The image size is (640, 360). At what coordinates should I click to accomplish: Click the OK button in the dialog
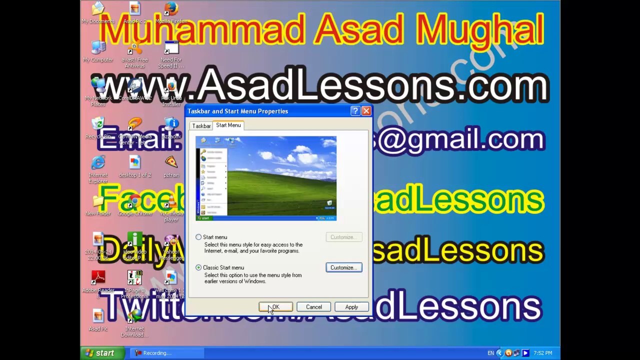tap(275, 307)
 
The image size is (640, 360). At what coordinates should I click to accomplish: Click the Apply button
tap(351, 307)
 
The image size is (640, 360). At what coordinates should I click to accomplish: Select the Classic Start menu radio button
tap(199, 267)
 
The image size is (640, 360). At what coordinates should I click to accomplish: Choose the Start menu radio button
tap(199, 237)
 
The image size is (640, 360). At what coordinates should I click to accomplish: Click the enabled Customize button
tap(343, 267)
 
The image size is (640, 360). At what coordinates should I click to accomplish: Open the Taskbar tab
tap(201, 126)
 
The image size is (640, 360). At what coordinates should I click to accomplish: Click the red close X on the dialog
tap(366, 111)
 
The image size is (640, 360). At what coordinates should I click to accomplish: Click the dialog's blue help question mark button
tap(355, 111)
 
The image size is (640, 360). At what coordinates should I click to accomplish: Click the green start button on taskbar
tap(100, 353)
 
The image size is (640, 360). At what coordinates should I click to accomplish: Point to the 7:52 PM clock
tap(542, 353)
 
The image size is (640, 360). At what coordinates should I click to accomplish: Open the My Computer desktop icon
tap(98, 48)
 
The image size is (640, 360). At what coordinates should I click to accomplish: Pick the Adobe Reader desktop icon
tap(98, 277)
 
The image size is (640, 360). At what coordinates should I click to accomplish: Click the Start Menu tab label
tap(228, 125)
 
